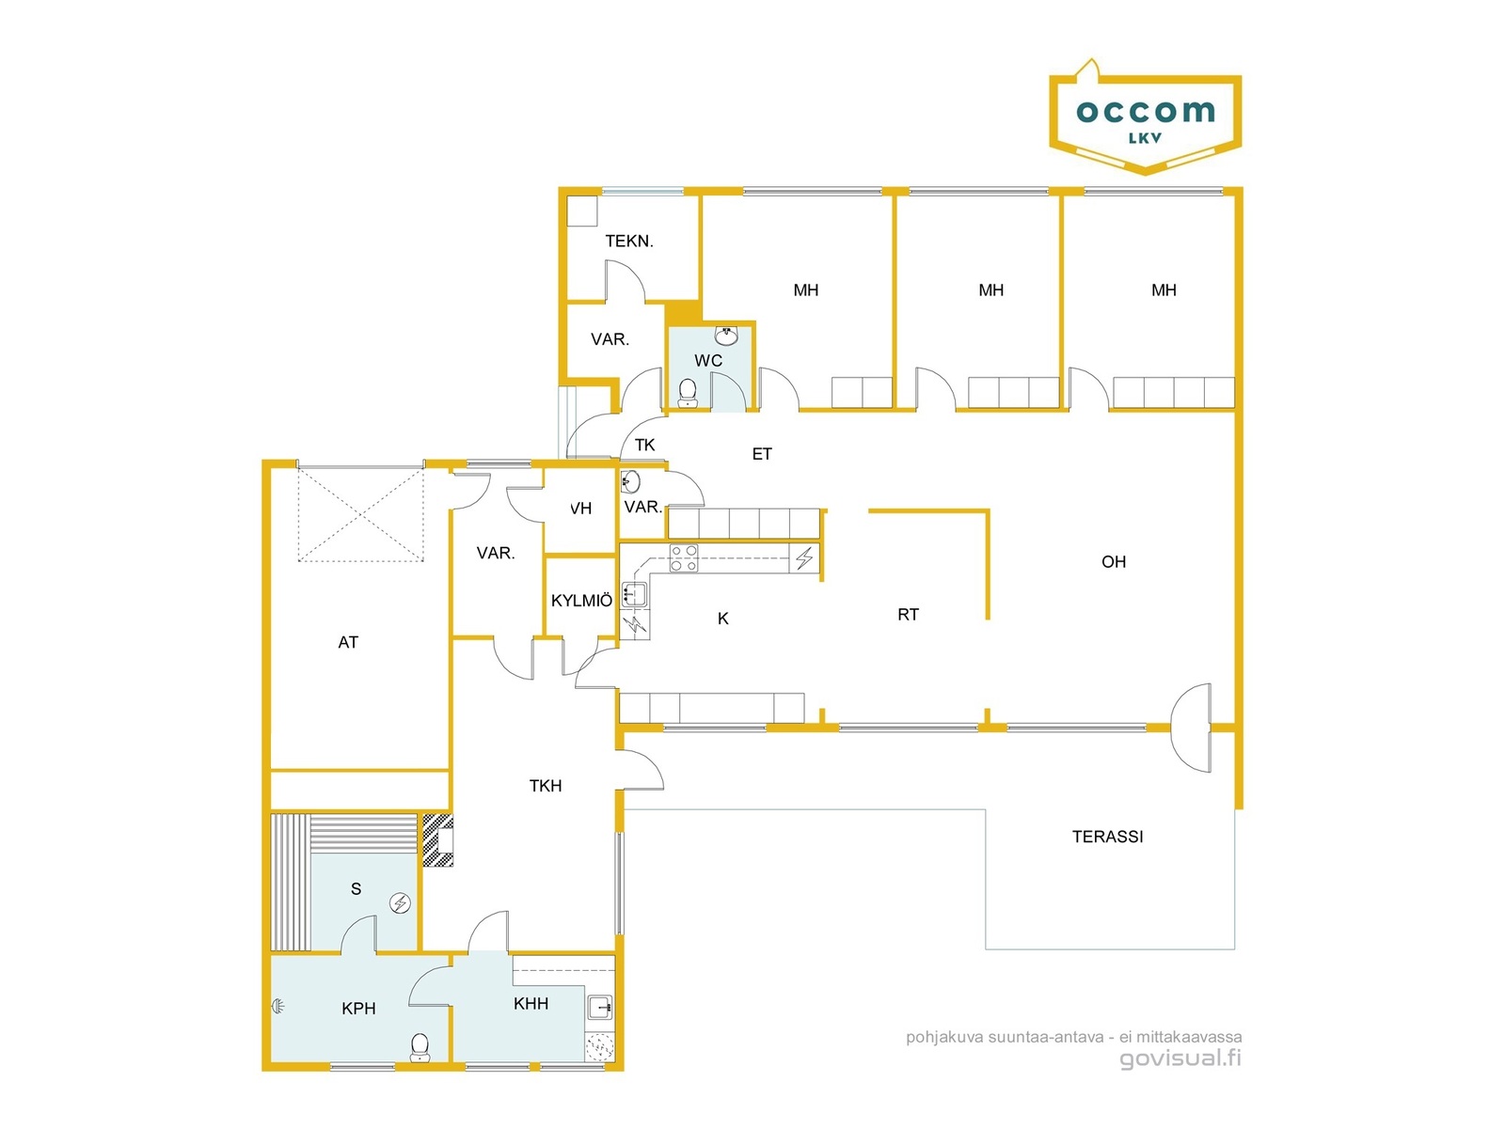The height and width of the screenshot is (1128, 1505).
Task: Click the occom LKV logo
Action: (1145, 117)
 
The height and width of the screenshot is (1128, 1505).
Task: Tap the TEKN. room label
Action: (628, 241)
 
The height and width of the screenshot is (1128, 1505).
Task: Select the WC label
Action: (707, 360)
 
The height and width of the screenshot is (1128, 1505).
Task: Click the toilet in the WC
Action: (687, 393)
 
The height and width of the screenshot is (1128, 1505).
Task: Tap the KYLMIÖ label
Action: (581, 601)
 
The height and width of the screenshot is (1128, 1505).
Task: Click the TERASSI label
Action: (1107, 837)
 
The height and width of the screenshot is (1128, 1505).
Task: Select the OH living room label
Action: (1114, 561)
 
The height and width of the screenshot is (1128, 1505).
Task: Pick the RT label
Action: (908, 615)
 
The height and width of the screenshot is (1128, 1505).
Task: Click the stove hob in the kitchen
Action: (684, 558)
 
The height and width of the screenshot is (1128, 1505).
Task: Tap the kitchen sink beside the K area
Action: (634, 594)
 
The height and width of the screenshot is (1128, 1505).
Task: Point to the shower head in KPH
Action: (277, 1006)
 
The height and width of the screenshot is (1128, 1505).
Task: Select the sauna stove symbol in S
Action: (400, 903)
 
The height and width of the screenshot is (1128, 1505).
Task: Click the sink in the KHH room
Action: (600, 1008)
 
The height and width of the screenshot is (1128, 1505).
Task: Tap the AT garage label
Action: (348, 642)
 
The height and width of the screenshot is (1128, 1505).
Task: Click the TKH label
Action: (545, 786)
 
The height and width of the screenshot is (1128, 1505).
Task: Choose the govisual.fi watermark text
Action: (1180, 1058)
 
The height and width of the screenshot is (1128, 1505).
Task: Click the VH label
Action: (580, 509)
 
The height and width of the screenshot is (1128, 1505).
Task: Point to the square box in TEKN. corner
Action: (582, 211)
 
